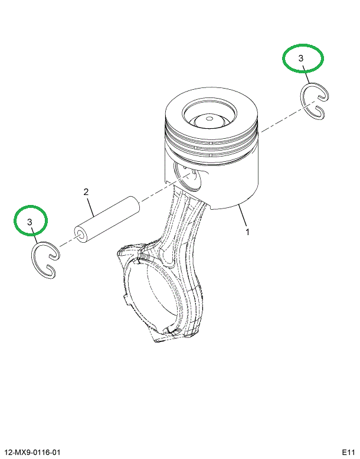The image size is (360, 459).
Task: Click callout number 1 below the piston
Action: pyautogui.click(x=248, y=232)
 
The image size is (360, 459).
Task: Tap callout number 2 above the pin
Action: pyautogui.click(x=86, y=192)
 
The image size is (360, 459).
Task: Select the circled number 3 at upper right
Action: pyautogui.click(x=302, y=58)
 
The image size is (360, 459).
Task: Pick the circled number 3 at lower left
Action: pyautogui.click(x=30, y=222)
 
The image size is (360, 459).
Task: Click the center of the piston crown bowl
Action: pyautogui.click(x=208, y=119)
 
